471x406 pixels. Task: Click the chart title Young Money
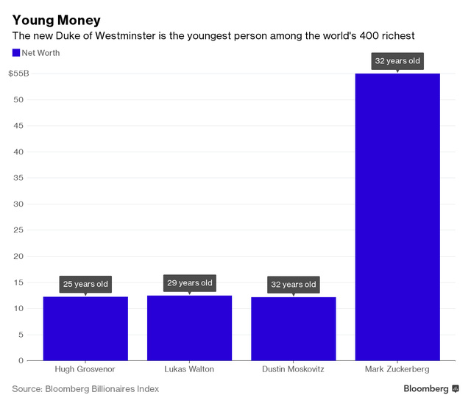click(56, 20)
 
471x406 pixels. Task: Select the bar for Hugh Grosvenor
click(85, 328)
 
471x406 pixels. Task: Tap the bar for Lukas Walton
click(189, 327)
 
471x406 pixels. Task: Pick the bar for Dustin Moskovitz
click(293, 328)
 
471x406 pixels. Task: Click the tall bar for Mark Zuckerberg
click(397, 217)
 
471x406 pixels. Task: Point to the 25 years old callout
click(85, 284)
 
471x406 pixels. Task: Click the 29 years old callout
click(189, 282)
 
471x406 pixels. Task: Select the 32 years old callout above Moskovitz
click(293, 284)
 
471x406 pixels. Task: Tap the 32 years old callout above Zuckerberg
click(397, 61)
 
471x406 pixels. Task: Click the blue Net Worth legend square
click(16, 53)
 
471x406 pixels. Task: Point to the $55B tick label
click(19, 74)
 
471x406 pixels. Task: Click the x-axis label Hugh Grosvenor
click(85, 369)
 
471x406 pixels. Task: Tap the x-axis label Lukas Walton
click(189, 369)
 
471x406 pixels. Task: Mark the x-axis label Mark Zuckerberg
click(397, 369)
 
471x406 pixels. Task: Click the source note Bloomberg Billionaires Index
click(102, 388)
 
